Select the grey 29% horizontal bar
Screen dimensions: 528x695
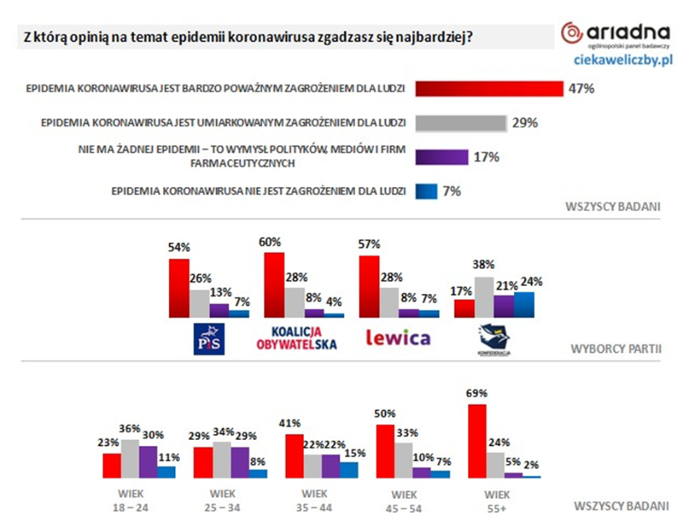click(460, 123)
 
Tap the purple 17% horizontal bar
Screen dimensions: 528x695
click(440, 156)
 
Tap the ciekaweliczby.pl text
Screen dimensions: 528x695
click(620, 62)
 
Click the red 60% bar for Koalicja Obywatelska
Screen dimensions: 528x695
click(275, 285)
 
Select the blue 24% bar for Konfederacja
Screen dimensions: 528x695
click(524, 305)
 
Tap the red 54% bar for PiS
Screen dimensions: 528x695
click(179, 288)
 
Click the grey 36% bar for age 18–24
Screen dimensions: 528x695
click(131, 458)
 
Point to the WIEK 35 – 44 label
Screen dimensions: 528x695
click(315, 500)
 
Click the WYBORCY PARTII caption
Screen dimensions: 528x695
click(619, 348)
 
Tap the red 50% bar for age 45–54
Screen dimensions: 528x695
click(386, 451)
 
